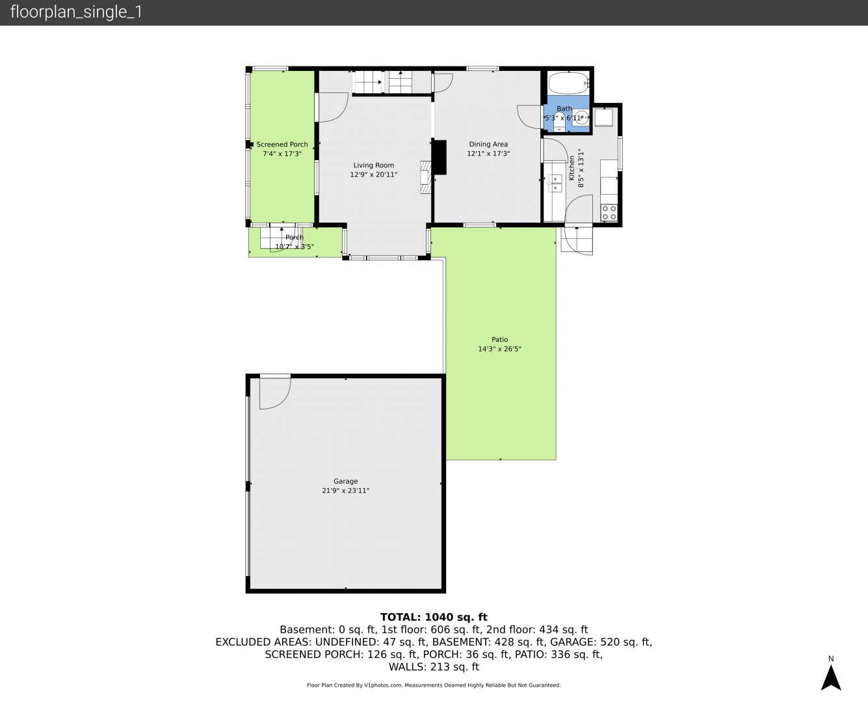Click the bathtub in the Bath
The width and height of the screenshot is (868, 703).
click(x=568, y=83)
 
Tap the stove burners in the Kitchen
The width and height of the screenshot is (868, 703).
click(x=609, y=213)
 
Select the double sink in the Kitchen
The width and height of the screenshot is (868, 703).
click(x=555, y=183)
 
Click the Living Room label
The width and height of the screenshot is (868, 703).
click(x=374, y=165)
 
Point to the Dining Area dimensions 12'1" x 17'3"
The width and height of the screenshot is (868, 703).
click(x=488, y=154)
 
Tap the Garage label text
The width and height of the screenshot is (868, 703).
click(x=345, y=481)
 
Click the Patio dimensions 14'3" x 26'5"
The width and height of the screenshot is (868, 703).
click(x=499, y=349)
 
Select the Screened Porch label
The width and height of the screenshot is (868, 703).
click(x=282, y=145)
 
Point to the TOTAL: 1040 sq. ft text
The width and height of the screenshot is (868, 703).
click(x=434, y=617)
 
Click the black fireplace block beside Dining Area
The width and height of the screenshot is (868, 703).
click(x=440, y=158)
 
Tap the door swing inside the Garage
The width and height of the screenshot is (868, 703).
click(x=276, y=393)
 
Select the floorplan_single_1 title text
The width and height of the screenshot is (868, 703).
click(x=76, y=12)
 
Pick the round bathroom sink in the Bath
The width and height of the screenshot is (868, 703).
click(x=582, y=117)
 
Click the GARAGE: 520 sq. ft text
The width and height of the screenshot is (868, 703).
click(x=601, y=642)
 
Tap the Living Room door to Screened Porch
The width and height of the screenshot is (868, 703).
click(x=333, y=107)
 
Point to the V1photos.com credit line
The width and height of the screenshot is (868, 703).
click(x=434, y=685)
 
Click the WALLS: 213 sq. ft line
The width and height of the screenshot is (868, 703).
click(x=434, y=667)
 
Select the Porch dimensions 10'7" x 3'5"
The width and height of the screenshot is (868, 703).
click(x=295, y=247)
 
